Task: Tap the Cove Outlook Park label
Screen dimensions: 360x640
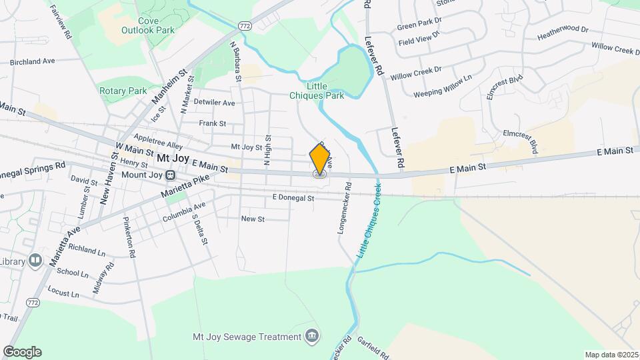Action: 147,25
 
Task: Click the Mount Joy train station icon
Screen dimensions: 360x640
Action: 171,175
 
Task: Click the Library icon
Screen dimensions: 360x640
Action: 35,259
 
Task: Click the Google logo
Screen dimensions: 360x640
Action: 21,352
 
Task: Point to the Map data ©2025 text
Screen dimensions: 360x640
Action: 611,354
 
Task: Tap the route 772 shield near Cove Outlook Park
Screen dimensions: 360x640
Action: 245,25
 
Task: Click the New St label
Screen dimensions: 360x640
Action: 253,219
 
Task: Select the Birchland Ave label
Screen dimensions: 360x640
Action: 32,62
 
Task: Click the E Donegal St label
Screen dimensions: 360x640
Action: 293,198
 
